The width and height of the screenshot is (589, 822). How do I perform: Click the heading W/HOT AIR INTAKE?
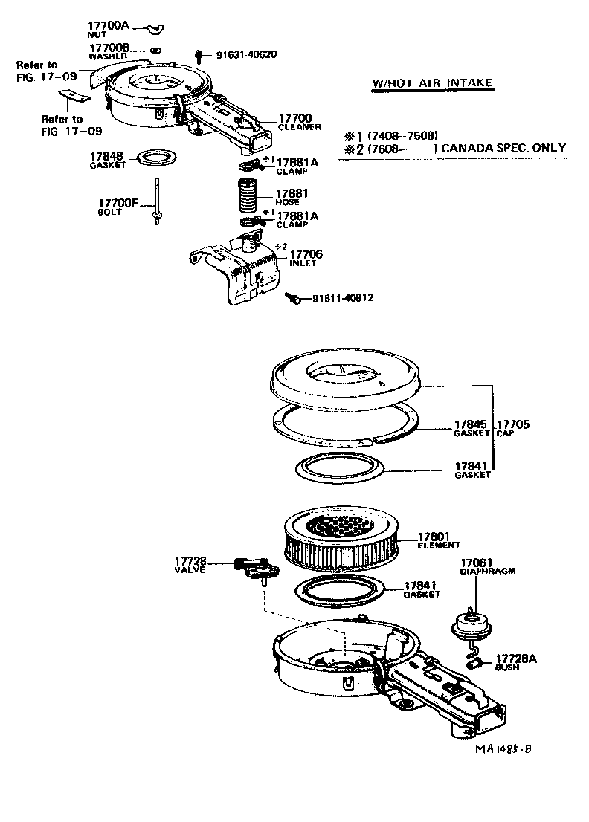point(432,82)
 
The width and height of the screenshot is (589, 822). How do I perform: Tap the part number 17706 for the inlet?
point(306,254)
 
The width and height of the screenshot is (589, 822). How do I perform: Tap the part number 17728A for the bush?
point(516,659)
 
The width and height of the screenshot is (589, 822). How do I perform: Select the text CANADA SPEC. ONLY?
point(502,148)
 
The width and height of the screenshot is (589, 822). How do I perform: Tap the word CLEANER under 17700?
point(299,127)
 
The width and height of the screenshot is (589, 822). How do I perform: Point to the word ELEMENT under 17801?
point(439,546)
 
